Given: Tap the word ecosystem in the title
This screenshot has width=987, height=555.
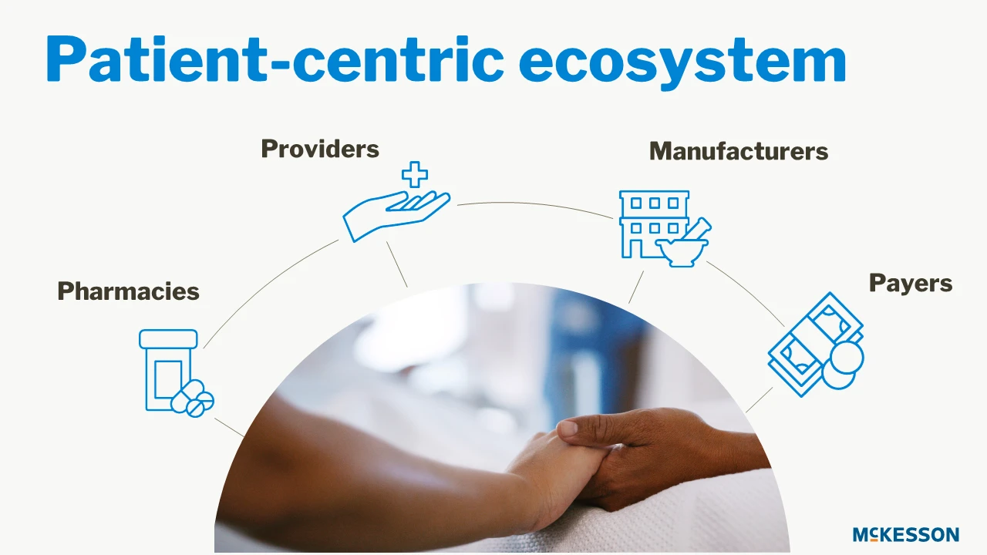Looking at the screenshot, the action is [x=682, y=62].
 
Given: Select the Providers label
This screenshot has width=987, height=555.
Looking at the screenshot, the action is [x=320, y=149].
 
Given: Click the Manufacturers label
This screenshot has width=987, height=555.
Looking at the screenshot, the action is [x=739, y=151].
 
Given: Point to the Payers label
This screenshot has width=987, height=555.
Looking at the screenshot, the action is [x=911, y=283].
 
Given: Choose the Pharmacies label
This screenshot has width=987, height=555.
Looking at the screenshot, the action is [x=128, y=291].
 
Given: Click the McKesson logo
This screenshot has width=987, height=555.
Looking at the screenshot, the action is [x=906, y=534].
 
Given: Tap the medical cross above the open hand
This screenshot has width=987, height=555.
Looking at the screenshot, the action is [x=415, y=174].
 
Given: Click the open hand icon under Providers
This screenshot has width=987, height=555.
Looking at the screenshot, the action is [x=396, y=216].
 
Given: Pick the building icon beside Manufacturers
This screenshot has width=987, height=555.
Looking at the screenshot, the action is [x=653, y=224].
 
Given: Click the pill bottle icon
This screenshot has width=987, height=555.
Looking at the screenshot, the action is [x=168, y=370].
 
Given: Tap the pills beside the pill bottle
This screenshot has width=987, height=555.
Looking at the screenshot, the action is [x=193, y=399].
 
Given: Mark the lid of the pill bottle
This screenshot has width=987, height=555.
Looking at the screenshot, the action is [x=168, y=339].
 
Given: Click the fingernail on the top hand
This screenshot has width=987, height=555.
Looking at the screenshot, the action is [x=568, y=427].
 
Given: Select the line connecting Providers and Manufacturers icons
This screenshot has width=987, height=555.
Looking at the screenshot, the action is [x=534, y=206].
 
